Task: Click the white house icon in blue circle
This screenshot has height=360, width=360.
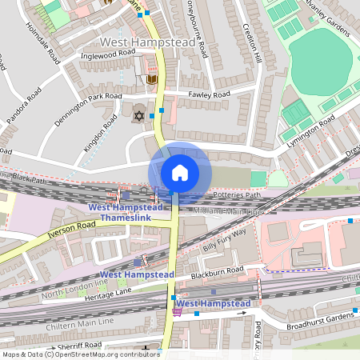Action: pyautogui.click(x=180, y=173)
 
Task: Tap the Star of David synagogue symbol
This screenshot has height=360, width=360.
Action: pyautogui.click(x=139, y=117)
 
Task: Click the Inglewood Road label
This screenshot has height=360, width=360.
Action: pyautogui.click(x=109, y=54)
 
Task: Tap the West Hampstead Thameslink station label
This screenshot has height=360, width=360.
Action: pyautogui.click(x=125, y=212)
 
